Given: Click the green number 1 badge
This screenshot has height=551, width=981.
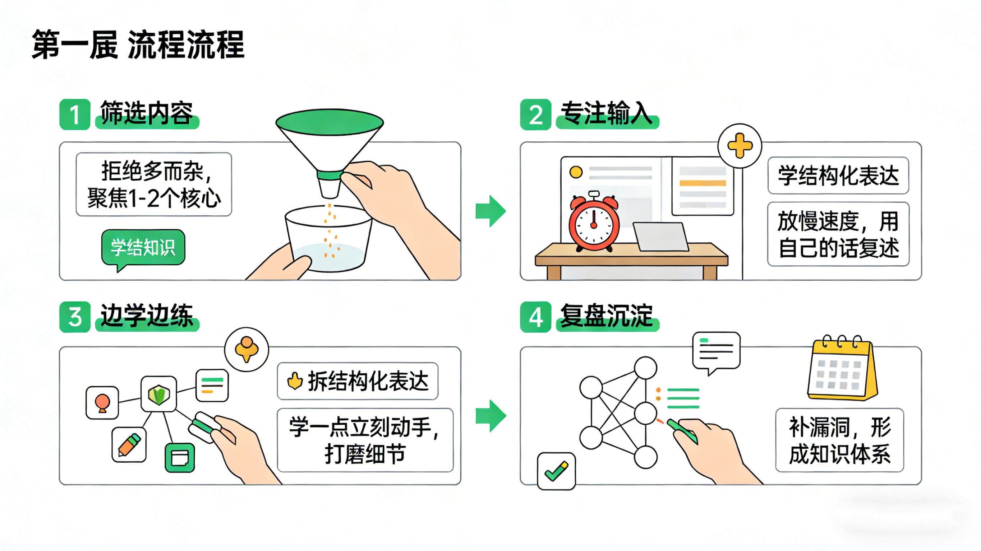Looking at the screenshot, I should click(x=75, y=114).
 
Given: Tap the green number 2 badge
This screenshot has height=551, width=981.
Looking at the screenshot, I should click(x=535, y=114).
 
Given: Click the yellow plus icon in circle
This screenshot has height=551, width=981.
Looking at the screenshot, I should click(x=740, y=146).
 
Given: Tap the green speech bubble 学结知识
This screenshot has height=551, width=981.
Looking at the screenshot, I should click(x=143, y=247).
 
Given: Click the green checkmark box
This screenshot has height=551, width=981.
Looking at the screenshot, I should click(x=556, y=471).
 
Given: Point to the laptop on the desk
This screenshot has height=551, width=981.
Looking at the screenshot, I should click(x=661, y=237).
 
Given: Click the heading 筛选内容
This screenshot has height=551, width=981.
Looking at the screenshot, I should click(x=147, y=113).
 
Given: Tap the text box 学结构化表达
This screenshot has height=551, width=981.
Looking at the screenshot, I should click(x=838, y=176).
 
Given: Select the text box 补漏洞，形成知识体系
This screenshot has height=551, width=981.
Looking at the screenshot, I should click(x=839, y=440).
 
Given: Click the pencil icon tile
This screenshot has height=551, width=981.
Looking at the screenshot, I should click(x=129, y=444).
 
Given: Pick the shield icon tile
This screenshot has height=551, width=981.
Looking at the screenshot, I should click(x=158, y=394).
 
